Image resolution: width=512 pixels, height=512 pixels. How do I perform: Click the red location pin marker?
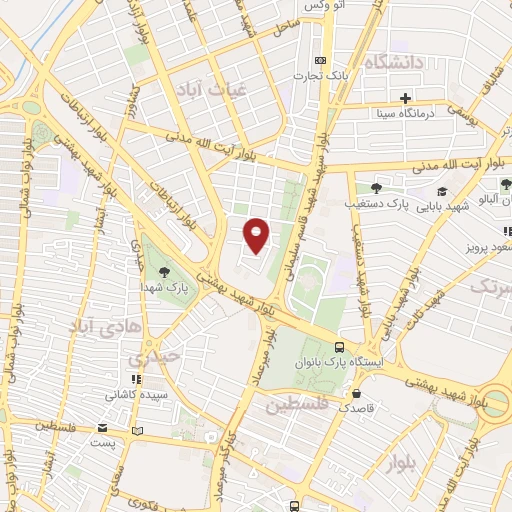click(257, 234)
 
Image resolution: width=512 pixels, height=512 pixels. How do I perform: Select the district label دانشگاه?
click(409, 63)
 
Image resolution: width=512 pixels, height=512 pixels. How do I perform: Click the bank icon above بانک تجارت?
click(320, 59)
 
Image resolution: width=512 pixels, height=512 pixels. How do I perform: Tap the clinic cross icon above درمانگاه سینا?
click(405, 98)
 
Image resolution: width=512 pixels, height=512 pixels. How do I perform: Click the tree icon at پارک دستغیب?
click(376, 187)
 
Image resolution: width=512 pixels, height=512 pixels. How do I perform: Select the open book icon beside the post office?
click(138, 430)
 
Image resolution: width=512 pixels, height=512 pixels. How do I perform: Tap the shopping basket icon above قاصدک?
click(345, 393)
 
